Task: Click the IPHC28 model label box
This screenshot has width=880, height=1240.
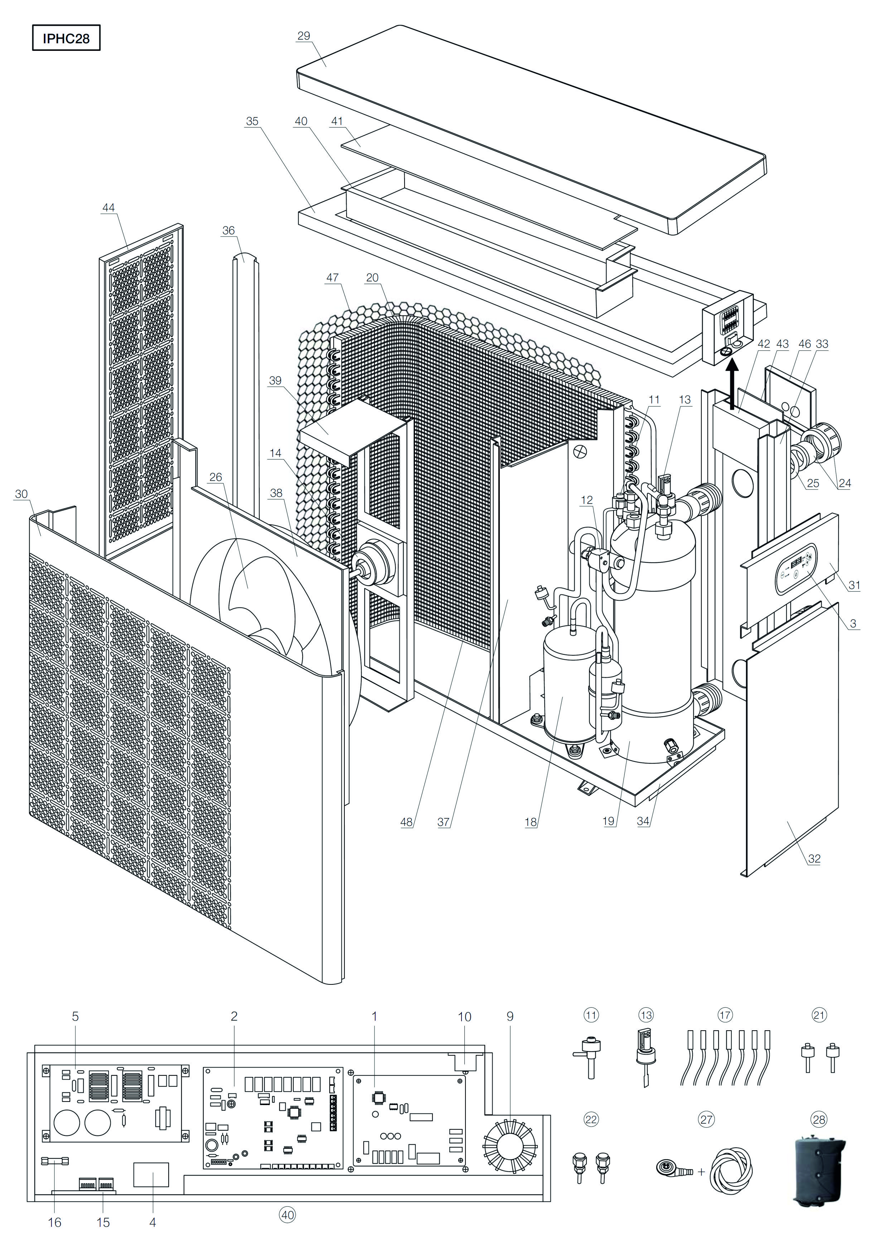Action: (x=66, y=38)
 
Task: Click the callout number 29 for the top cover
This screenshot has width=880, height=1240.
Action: (x=304, y=36)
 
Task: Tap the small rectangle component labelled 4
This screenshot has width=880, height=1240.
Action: (x=151, y=1174)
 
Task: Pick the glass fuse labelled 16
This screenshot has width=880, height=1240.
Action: (x=55, y=1161)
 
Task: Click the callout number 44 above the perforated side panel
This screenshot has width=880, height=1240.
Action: (x=108, y=208)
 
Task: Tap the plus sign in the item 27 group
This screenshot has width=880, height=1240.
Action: (x=702, y=1172)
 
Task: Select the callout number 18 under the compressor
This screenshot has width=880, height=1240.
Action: (x=531, y=822)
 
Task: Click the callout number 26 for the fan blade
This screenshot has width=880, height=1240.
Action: (x=216, y=477)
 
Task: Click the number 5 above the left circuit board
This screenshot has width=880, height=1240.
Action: (x=75, y=1016)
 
